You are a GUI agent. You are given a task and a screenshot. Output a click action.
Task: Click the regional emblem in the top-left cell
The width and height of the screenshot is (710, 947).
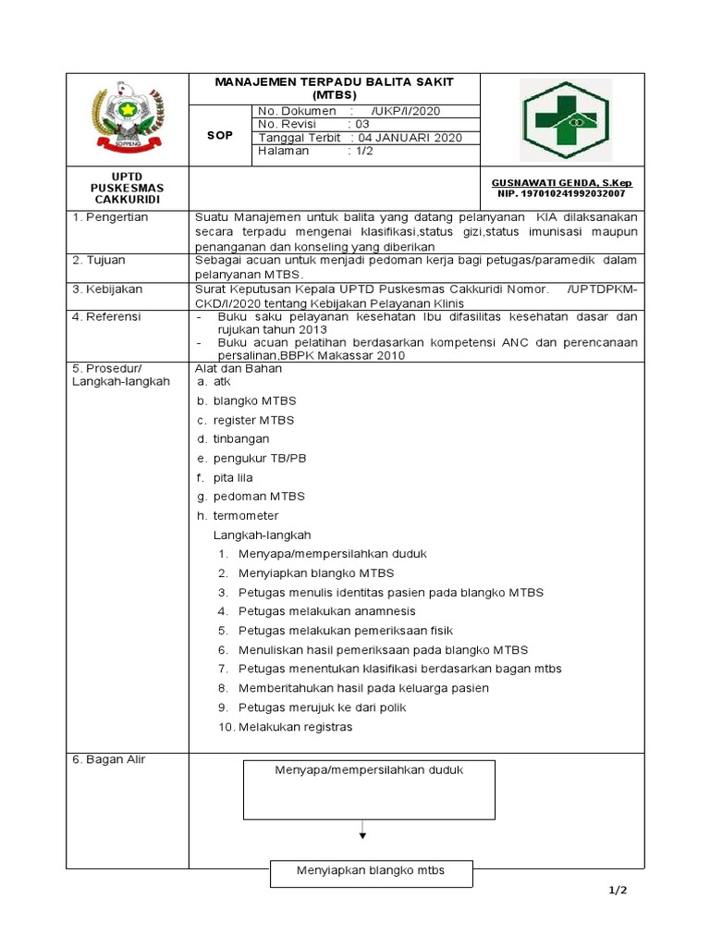[x=127, y=118]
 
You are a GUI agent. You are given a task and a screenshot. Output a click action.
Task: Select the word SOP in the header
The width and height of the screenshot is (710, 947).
[x=221, y=134]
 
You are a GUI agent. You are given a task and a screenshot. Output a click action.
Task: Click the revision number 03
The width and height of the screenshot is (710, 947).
[x=361, y=124]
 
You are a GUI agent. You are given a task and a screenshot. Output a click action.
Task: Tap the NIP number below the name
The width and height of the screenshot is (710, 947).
[x=561, y=194]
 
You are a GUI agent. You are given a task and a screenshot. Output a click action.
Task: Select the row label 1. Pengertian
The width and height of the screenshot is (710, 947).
[x=110, y=216]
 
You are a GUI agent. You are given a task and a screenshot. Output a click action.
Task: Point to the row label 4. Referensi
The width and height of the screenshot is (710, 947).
[x=106, y=316]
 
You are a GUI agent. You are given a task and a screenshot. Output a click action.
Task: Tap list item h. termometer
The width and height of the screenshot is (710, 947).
[x=237, y=515]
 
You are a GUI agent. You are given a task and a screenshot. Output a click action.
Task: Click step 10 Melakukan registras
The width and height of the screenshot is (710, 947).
[x=286, y=726]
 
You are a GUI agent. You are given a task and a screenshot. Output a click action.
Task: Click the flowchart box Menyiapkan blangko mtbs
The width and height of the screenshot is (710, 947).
[x=371, y=871]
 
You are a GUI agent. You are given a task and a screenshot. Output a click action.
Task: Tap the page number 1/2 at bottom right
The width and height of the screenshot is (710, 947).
[x=618, y=891]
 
